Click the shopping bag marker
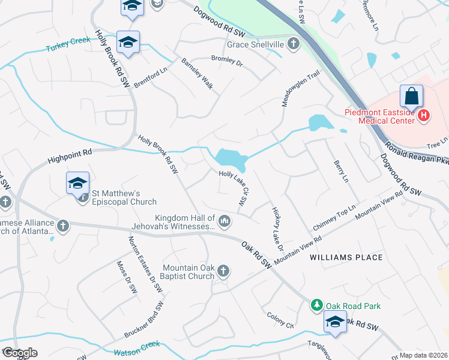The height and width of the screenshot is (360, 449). click(412, 96)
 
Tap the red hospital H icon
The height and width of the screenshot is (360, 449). click(424, 115)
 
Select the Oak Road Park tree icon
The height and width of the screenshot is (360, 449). click(316, 306)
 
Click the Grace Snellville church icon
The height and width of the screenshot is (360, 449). click(293, 44)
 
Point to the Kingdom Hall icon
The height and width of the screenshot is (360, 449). click(224, 222)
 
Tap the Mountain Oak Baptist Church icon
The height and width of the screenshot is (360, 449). click(223, 271)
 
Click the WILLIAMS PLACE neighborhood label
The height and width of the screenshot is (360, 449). click(346, 257)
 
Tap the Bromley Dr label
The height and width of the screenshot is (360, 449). click(226, 60)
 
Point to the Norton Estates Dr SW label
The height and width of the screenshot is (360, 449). click(145, 264)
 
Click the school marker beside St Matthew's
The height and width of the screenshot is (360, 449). click(78, 183)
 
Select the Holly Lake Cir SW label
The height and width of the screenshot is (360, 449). click(234, 188)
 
